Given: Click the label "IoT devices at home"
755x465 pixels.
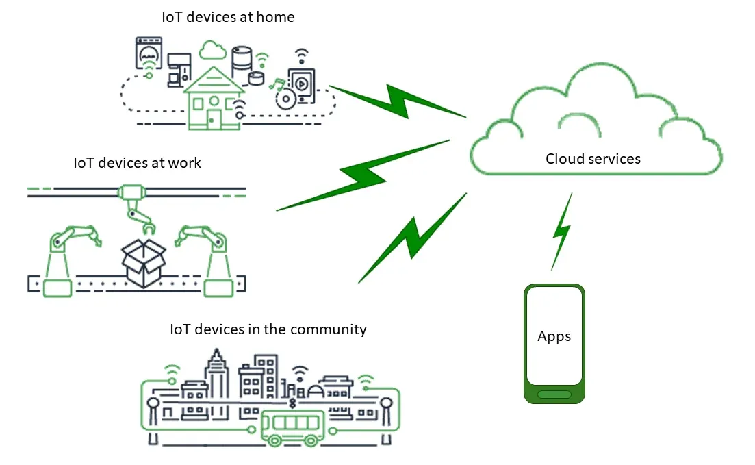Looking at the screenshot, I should (x=228, y=17).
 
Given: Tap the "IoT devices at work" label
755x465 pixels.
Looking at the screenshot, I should (x=137, y=163).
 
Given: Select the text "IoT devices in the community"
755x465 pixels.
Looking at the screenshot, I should (x=268, y=329).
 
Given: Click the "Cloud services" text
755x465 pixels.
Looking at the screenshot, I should (x=593, y=159).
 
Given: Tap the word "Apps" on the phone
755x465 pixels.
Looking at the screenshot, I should (x=554, y=336).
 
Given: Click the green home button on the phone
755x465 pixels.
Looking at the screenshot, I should (x=554, y=394).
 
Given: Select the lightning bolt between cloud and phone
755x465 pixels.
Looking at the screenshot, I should (x=561, y=231).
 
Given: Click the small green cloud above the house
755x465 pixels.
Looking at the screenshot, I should (x=212, y=49).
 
